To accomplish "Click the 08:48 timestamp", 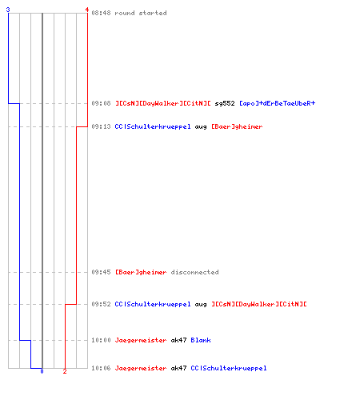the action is point(101,13).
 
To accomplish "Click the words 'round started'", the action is point(141,13).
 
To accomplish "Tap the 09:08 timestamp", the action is point(101,103).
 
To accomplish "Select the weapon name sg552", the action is point(225,103).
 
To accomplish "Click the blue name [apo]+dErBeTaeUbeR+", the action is point(278,103).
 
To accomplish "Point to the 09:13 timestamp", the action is point(101,126).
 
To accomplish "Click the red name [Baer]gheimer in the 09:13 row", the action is point(237,126).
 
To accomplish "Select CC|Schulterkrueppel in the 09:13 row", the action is point(153,126).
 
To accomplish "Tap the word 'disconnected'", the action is point(194,272).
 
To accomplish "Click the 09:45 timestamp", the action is point(101,272).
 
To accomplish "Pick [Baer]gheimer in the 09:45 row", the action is point(141,272).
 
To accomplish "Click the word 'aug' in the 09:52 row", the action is point(201,305).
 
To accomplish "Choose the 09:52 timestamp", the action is point(101,304).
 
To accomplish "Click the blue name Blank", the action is point(201,340).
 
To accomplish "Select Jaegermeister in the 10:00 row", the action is point(141,340).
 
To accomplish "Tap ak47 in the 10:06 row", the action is point(178,368).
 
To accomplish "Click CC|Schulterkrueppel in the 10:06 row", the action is point(229,368).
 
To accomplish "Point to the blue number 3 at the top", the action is point(8,10).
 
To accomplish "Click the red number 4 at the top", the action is point(87,10).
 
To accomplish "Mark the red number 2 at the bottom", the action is point(65,371).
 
